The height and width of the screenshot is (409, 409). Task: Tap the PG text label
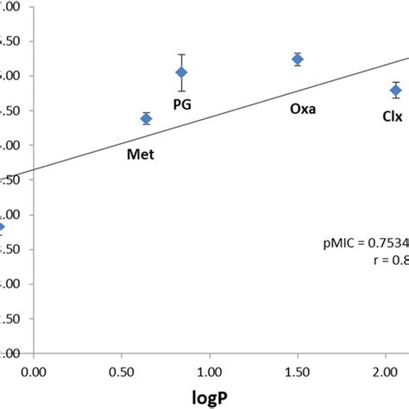(183, 104)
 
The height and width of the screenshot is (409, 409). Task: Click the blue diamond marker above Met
(146, 118)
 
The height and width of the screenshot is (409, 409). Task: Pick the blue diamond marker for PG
(181, 72)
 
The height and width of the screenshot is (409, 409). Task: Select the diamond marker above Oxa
(298, 59)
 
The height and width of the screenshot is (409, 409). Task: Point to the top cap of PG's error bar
(181, 54)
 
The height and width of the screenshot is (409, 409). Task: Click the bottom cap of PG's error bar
(181, 91)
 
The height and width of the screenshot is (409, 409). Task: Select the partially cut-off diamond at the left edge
(2, 227)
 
